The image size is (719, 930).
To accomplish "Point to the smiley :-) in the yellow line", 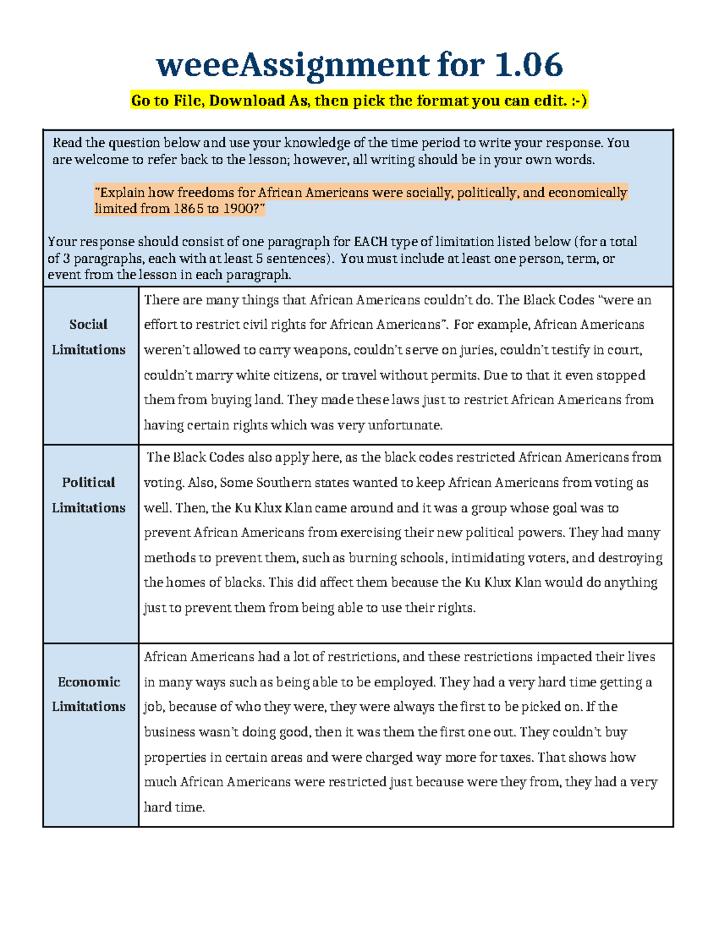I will click(579, 101).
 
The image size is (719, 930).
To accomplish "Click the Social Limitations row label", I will click(89, 337).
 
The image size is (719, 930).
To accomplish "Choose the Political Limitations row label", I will click(89, 495).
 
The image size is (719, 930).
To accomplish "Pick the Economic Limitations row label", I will click(89, 694).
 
